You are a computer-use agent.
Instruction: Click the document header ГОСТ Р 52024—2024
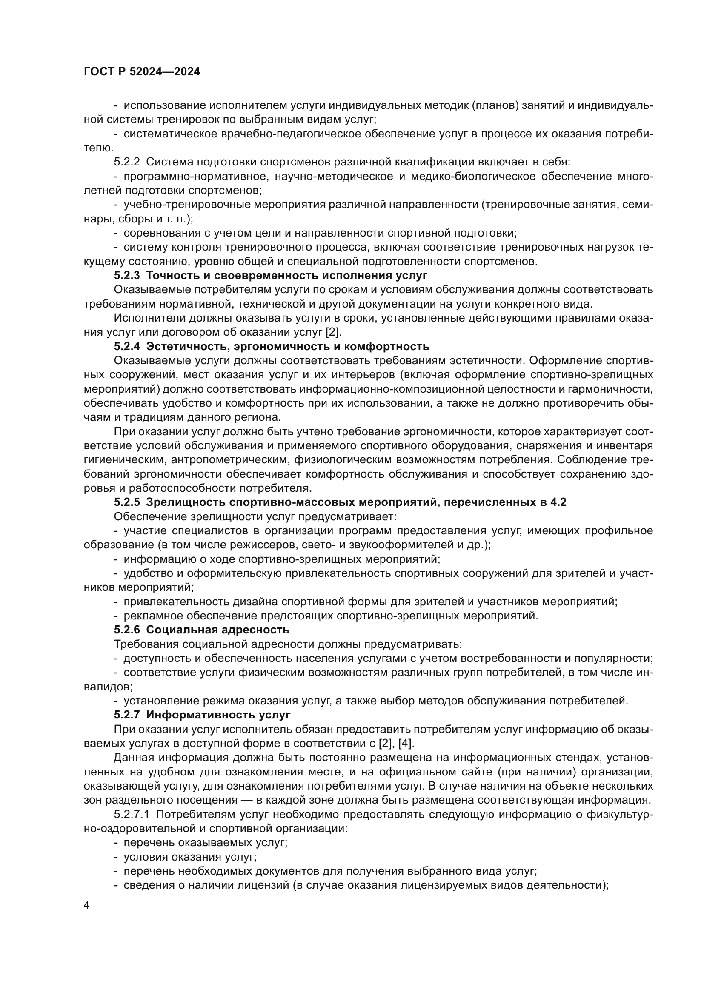tap(142, 71)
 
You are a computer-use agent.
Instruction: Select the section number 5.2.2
tap(127, 162)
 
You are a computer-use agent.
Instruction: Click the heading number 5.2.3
tap(127, 276)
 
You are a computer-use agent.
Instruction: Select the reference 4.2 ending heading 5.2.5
tap(558, 502)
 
